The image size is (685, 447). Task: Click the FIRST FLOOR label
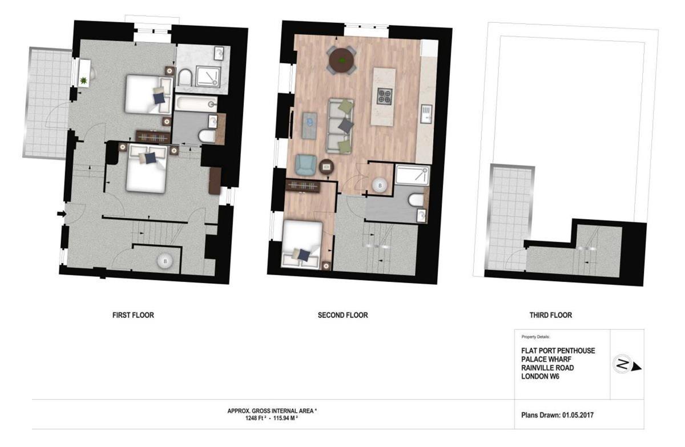pos(133,315)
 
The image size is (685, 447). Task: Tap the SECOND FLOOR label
pos(343,315)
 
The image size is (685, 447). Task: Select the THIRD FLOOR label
pos(551,315)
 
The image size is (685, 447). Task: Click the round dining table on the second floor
pos(341,61)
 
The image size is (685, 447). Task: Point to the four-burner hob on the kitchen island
pos(384,96)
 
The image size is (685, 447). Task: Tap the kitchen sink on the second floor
pos(426,114)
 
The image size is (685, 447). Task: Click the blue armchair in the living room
pos(305,165)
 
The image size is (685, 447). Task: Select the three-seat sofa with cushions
pos(341,126)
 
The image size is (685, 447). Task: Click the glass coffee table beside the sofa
pos(309,126)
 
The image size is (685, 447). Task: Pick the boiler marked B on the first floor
pos(165,261)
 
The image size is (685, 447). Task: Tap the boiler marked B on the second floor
pos(380,186)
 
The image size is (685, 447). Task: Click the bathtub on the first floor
pos(196,103)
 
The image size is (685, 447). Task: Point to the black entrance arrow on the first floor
pos(62,214)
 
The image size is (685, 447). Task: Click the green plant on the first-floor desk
pos(83,81)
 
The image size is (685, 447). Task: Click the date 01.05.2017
pos(578,415)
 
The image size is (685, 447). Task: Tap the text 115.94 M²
pos(285,418)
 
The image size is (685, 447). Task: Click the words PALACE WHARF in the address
pos(546,359)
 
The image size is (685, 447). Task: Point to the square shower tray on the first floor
pos(208,76)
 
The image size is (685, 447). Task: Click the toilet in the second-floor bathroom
pos(416,200)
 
